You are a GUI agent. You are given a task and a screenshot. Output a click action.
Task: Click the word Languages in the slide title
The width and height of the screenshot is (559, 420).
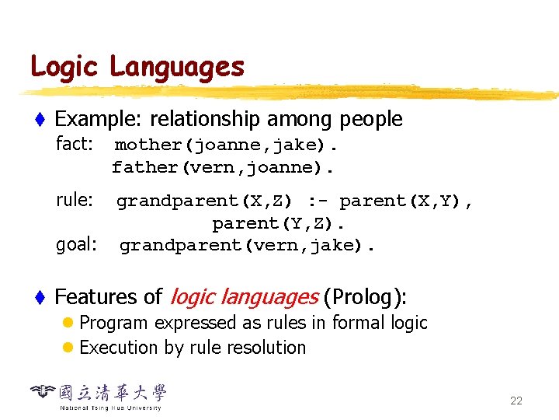177,68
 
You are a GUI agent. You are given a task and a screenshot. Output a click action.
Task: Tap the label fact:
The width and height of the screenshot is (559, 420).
75,144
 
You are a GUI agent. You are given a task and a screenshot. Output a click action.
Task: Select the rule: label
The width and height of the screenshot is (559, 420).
75,200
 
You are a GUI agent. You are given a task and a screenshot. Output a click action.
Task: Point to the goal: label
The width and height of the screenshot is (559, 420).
76,245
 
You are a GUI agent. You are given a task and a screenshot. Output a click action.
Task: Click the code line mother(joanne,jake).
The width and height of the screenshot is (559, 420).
227,145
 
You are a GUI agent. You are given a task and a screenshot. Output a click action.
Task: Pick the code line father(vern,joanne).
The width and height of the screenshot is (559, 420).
224,167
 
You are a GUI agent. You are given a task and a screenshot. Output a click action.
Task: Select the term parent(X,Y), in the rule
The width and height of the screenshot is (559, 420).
406,201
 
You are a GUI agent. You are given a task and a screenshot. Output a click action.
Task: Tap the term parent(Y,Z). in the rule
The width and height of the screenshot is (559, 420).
279,224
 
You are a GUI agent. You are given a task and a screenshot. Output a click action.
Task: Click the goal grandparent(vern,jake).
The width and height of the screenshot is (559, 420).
248,246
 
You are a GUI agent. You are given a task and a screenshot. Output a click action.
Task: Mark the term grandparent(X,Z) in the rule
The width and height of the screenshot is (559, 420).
204,201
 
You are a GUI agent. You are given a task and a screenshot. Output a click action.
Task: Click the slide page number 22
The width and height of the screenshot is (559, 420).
516,401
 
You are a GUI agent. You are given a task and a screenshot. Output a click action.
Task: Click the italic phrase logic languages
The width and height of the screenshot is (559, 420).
243,297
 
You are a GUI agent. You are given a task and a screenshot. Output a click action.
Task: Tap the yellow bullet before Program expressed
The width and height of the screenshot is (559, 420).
69,323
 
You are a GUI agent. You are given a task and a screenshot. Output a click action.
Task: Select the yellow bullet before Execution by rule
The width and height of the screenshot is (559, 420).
69,348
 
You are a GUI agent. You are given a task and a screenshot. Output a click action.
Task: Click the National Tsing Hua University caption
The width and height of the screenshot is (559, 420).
110,408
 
